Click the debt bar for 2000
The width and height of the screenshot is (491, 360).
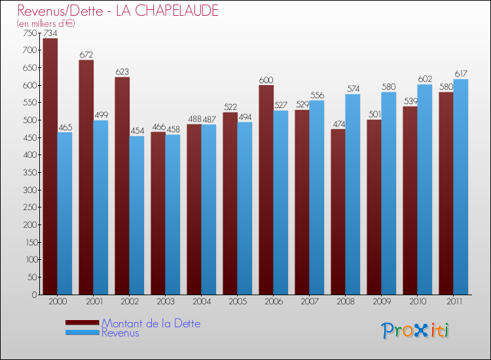(50, 166)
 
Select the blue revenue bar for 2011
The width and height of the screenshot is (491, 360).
(461, 187)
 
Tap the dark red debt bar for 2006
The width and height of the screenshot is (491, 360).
(266, 190)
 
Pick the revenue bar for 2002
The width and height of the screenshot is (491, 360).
(137, 215)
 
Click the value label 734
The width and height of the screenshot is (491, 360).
(50, 33)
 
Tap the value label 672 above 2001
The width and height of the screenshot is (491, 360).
(86, 55)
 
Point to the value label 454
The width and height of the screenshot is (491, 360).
(137, 131)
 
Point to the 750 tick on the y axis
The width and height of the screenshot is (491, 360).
(30, 33)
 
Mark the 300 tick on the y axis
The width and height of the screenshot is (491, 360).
(30, 190)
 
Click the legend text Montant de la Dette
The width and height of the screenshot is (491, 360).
(151, 323)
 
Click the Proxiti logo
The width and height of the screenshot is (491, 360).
(416, 331)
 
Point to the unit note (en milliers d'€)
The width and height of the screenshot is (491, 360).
(46, 24)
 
